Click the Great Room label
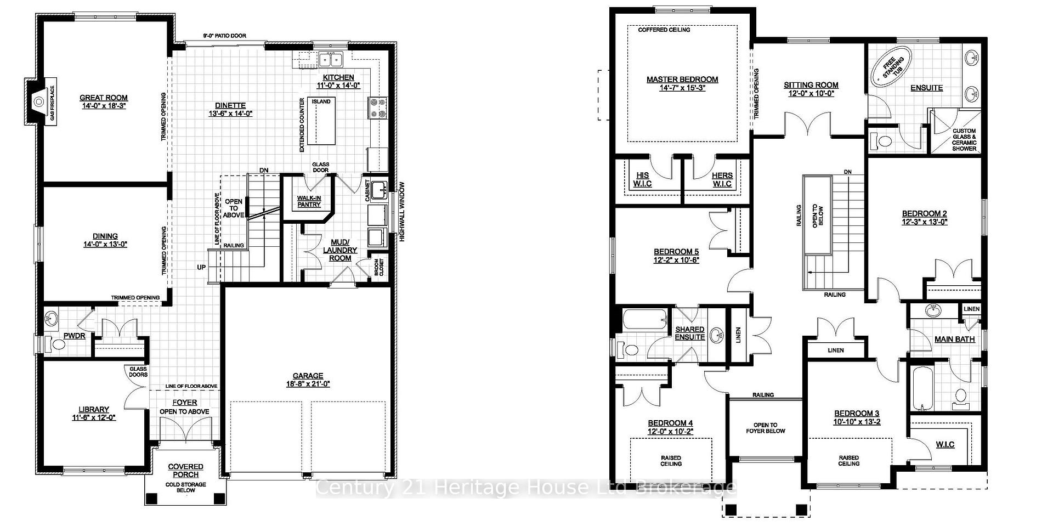[104, 98]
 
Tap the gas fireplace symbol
[39, 101]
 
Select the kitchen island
[321, 121]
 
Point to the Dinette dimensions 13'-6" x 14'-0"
[230, 114]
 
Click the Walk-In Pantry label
[309, 201]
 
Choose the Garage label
[308, 376]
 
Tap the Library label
[94, 409]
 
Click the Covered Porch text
[186, 471]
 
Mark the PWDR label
[75, 336]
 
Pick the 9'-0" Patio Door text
[225, 36]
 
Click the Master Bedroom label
[682, 80]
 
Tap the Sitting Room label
[811, 85]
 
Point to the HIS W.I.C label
[642, 179]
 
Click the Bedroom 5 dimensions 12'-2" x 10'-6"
[676, 261]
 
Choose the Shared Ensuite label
[690, 333]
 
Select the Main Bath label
[955, 339]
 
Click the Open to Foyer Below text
[766, 428]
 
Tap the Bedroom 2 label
[925, 214]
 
